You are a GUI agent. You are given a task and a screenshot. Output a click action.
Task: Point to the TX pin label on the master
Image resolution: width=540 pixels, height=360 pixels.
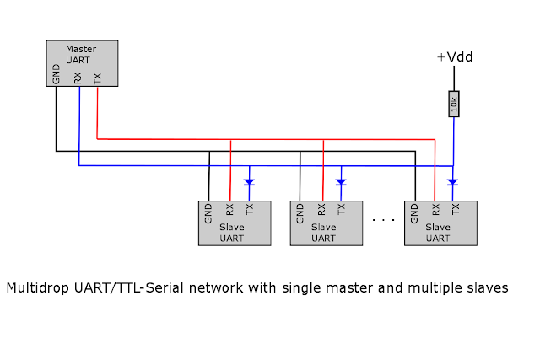click(97, 78)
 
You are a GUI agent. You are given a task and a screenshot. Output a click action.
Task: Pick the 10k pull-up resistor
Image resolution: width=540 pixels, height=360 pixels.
click(454, 104)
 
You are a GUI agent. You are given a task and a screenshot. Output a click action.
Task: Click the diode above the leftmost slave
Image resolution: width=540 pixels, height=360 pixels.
click(249, 181)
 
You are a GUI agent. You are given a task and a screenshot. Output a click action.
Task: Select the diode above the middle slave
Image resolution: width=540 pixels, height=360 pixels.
click(342, 181)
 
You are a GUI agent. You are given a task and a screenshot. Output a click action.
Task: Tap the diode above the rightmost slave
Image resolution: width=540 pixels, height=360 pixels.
click(453, 181)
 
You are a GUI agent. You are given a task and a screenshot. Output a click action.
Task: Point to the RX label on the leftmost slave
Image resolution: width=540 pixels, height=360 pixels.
click(229, 210)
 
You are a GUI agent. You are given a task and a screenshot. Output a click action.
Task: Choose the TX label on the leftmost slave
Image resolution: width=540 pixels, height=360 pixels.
click(249, 210)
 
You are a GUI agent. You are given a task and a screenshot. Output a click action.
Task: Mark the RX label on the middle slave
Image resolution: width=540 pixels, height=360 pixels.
click(321, 210)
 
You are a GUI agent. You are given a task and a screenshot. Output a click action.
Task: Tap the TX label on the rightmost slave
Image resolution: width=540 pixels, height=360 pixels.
click(456, 210)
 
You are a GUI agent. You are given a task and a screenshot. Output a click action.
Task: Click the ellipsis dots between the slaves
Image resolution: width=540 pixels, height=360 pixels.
click(383, 220)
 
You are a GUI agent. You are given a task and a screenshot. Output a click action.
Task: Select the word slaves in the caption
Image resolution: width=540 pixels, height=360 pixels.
click(487, 288)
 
